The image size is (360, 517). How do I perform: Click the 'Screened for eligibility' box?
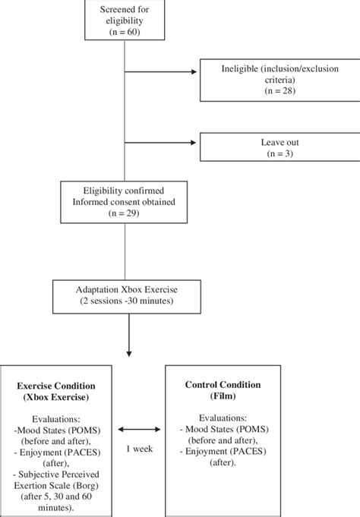pos(124,20)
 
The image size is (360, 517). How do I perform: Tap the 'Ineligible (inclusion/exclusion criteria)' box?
pos(279,79)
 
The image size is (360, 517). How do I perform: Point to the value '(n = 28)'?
pos(279,93)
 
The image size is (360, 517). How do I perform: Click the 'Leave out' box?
pos(279,147)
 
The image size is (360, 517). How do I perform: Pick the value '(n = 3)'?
pos(279,153)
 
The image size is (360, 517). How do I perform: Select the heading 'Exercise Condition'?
pos(55,385)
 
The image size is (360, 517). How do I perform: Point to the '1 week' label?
pos(139,449)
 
